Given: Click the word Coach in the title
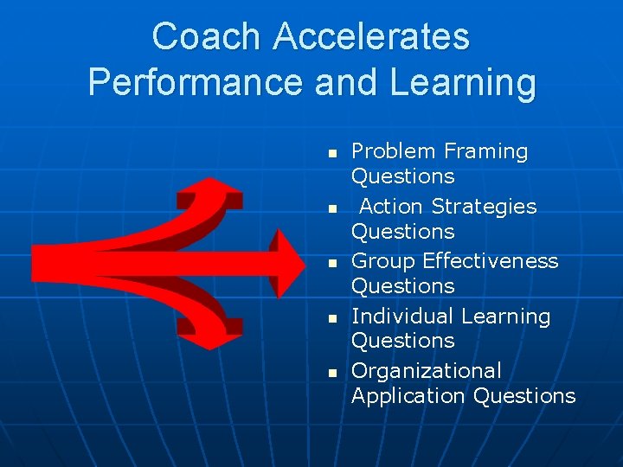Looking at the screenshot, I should (207, 37).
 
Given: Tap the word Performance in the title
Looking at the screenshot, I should (196, 82).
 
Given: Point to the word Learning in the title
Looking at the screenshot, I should (463, 82).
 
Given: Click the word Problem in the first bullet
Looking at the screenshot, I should (393, 151).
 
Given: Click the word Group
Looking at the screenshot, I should (382, 261).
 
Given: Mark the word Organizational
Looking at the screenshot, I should (426, 371).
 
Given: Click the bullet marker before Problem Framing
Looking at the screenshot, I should (331, 153).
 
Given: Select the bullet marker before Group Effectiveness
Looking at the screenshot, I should (331, 263).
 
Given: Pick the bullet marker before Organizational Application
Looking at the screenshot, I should (331, 373).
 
